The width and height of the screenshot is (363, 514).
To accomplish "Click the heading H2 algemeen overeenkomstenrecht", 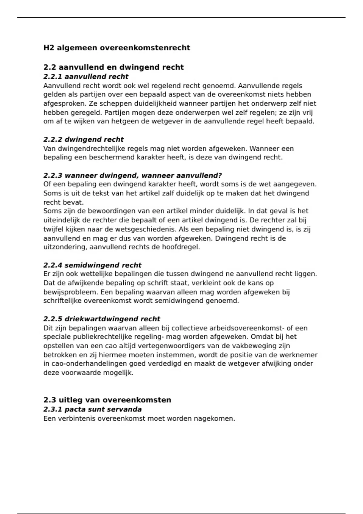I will [x=117, y=48].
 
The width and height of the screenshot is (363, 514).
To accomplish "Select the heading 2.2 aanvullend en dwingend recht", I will [x=113, y=67].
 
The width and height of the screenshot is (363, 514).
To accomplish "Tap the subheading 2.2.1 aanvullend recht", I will [x=86, y=76].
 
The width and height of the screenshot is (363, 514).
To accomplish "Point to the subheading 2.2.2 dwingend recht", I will [x=83, y=139].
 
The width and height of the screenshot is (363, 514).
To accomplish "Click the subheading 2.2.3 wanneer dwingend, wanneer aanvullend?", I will [x=132, y=175].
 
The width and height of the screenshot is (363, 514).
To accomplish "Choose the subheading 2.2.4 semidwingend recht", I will [x=92, y=265].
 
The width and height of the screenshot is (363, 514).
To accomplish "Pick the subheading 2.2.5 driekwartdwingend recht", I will [x=102, y=319].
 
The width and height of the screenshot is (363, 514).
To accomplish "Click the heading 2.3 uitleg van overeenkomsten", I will [x=107, y=400].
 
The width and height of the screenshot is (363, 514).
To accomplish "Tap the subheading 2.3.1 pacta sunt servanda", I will [x=92, y=409].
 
